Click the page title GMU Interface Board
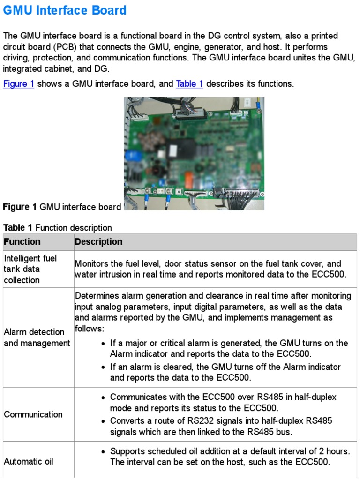coord(65,10)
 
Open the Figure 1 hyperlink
coord(19,84)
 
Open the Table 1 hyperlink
coord(189,84)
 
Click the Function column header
coord(22,242)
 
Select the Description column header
coord(98,242)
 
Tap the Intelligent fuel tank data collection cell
coord(30,269)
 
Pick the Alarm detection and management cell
coord(37,337)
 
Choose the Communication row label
coord(33,414)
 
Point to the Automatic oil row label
coord(29,461)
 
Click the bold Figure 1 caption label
coord(20,207)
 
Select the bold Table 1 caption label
coord(18,228)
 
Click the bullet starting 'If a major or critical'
coord(229,348)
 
